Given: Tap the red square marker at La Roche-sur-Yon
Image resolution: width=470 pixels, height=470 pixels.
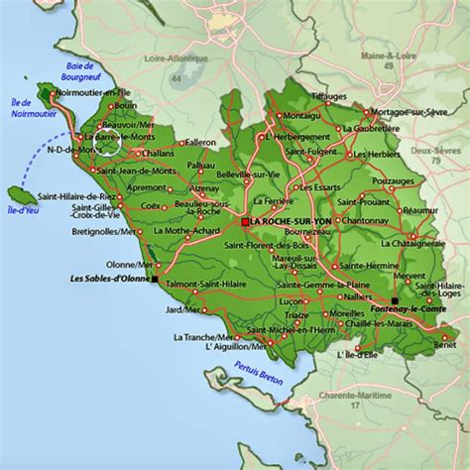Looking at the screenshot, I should pos(245,222).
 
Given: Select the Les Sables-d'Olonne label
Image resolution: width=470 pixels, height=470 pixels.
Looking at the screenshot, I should pos(107,280).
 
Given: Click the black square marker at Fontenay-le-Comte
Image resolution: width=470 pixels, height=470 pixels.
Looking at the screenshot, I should pos(395,298).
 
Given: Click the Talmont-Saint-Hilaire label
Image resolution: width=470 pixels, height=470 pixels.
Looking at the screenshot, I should pos(210,285).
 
